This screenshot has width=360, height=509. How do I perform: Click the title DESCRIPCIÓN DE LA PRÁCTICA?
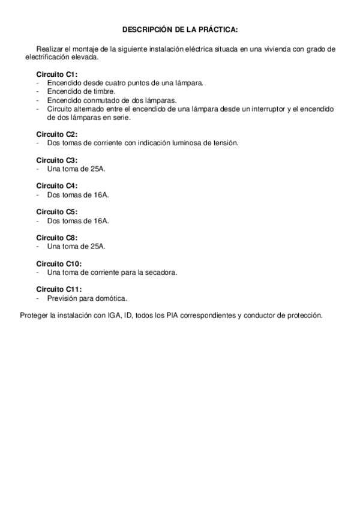[x=180, y=29]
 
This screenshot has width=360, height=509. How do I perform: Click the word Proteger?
[x=34, y=315]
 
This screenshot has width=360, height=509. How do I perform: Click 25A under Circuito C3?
[x=97, y=169]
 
